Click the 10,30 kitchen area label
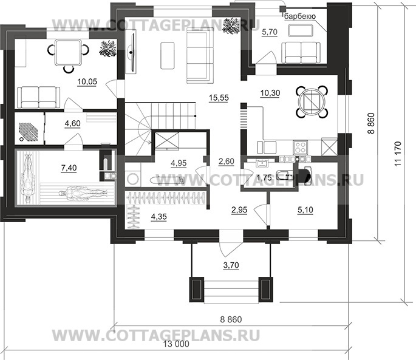[x=270, y=93]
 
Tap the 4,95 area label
[x=178, y=163]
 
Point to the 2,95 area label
[x=239, y=210]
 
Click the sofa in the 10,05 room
[x=38, y=96]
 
